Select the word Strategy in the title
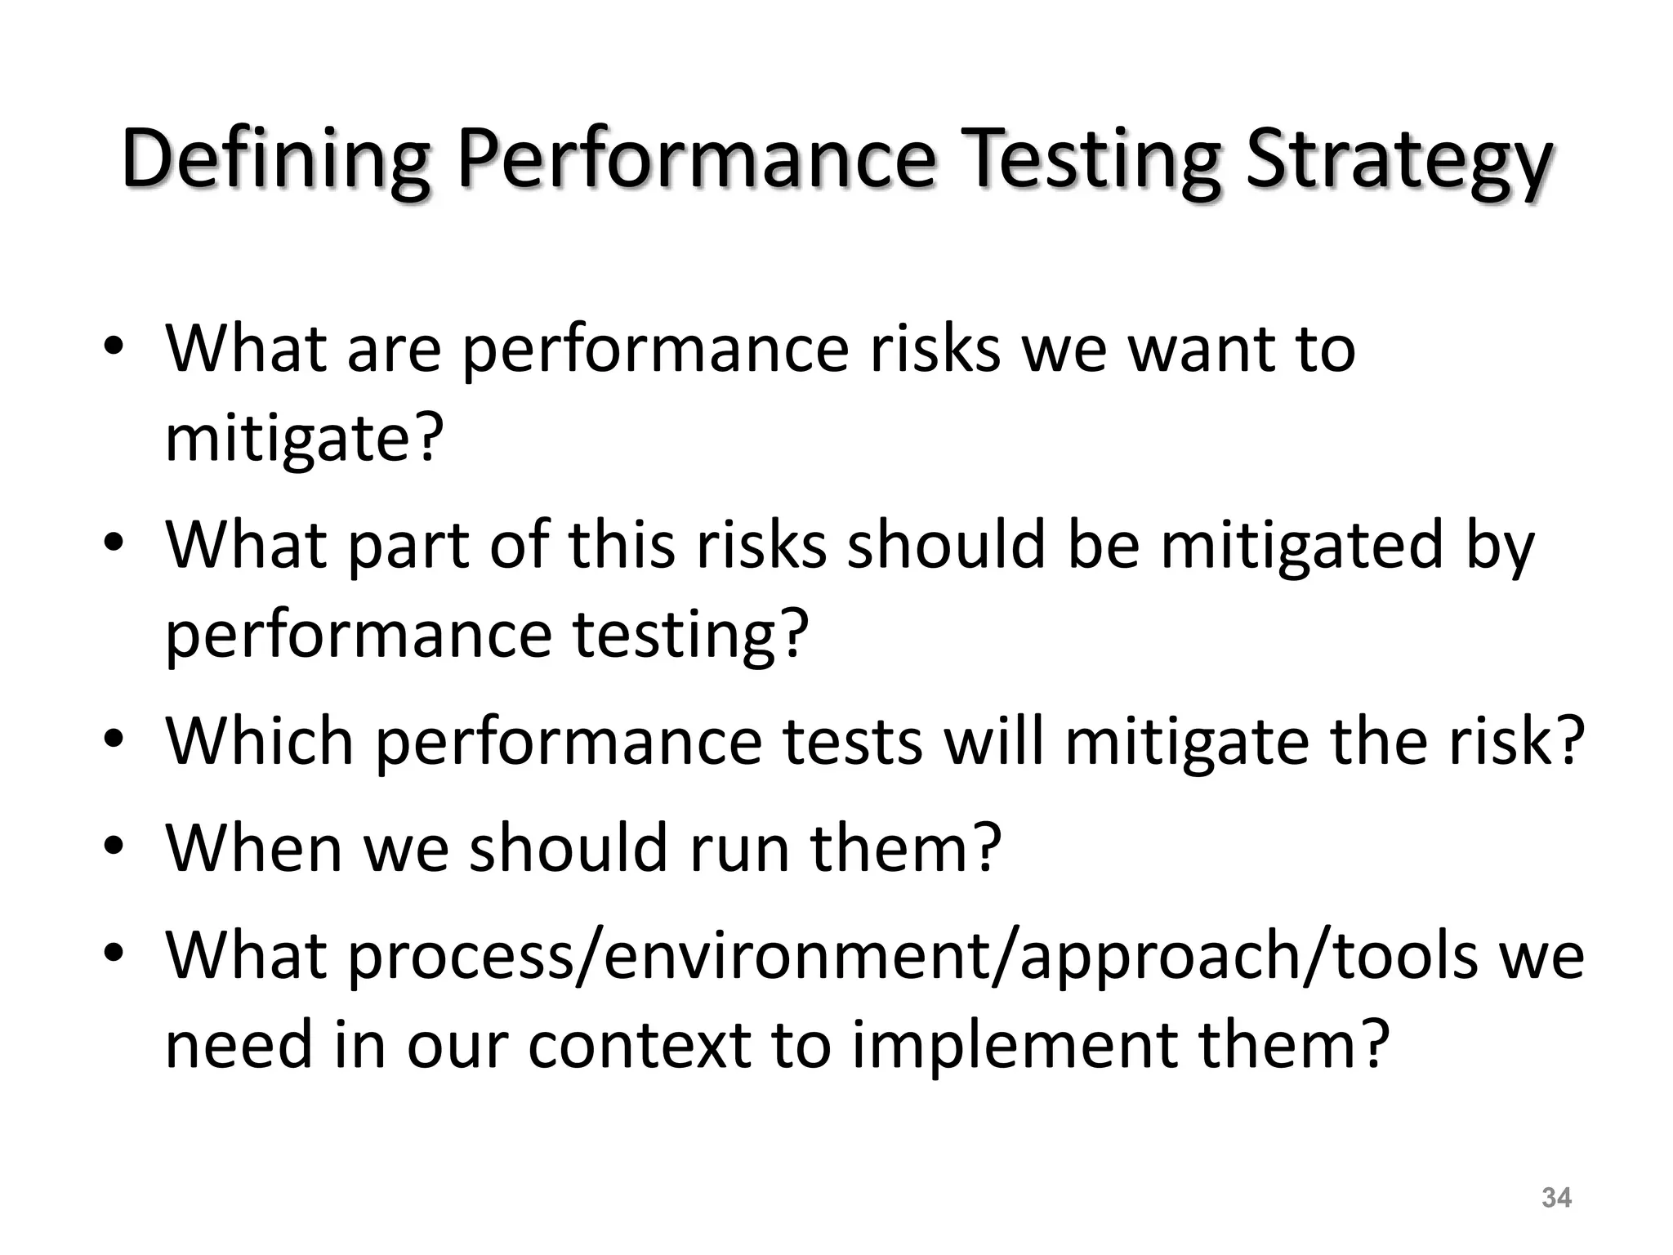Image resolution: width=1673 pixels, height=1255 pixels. point(1397,160)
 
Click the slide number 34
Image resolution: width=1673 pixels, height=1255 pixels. point(1556,1198)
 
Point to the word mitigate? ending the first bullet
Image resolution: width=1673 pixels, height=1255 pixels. point(304,439)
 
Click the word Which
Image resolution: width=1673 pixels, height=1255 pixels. point(260,740)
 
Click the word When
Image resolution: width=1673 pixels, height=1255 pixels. point(253,847)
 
